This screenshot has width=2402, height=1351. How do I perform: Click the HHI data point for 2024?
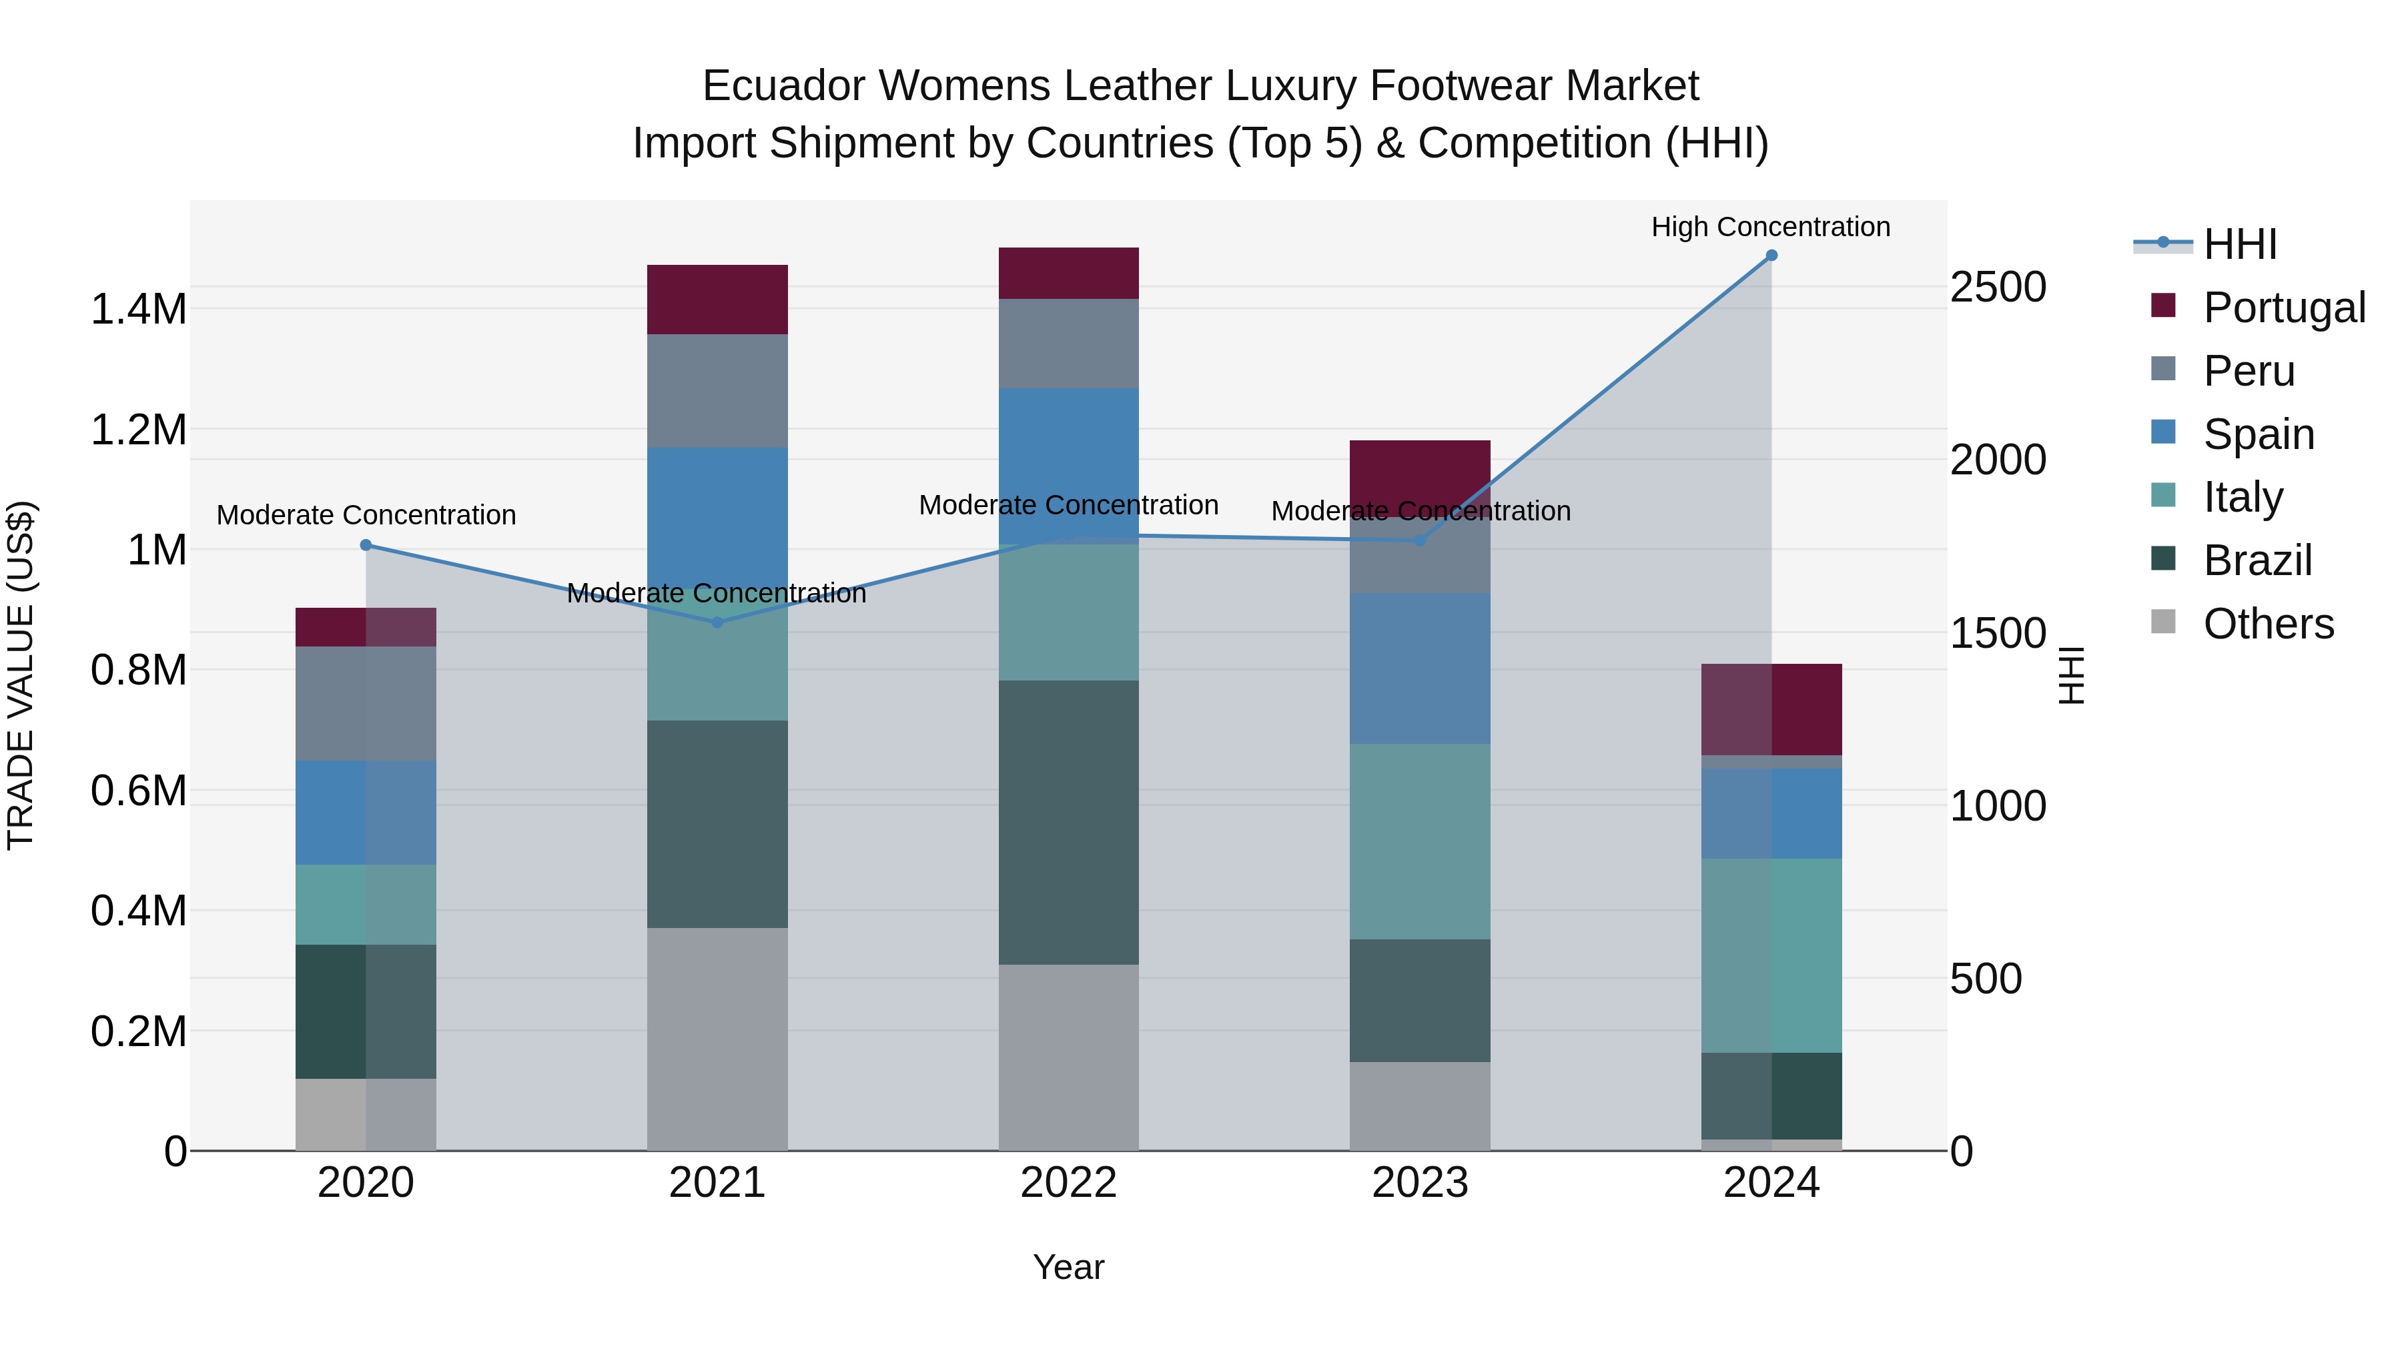pos(1771,256)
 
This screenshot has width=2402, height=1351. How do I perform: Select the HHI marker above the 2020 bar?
pos(366,546)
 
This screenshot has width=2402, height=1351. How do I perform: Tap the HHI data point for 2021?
pos(717,623)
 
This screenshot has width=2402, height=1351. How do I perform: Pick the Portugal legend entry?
pos(2284,308)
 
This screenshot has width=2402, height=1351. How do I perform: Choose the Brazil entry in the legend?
pos(2257,560)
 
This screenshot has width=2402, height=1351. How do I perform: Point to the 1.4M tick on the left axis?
pos(139,310)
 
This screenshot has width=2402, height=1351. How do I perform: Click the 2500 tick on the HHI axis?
pos(1997,287)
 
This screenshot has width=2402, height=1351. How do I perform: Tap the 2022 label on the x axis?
pos(1069,1183)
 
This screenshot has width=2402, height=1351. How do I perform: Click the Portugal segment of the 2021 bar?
pos(717,300)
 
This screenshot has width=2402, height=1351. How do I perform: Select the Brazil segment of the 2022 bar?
pos(1069,823)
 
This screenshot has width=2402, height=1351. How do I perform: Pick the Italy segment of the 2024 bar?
pos(1771,955)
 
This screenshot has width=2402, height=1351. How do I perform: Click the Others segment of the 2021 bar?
pos(717,1039)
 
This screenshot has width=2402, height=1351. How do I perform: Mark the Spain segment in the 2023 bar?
pos(1419,668)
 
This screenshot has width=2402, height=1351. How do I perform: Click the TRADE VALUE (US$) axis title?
pos(21,675)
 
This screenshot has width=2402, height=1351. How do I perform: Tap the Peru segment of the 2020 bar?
pos(366,704)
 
